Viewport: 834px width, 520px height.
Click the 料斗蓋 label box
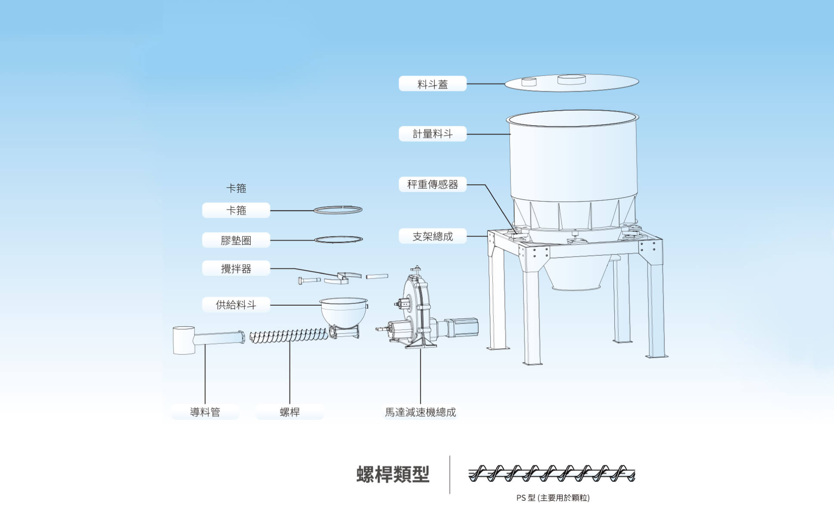pos(432,84)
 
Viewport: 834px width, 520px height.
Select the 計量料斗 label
pos(432,134)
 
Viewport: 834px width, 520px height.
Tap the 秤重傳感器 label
pos(432,185)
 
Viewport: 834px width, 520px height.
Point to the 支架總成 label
pos(432,236)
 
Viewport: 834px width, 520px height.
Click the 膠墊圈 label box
pos(236,240)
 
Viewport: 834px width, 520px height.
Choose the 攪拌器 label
pos(236,269)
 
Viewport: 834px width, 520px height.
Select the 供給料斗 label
pos(236,305)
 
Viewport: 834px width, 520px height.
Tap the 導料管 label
pos(205,412)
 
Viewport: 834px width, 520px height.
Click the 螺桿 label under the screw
pos(289,412)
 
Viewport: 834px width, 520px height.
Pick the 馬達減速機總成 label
pos(420,412)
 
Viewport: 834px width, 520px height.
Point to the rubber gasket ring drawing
pos(338,239)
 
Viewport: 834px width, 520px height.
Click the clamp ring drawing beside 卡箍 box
pos(338,210)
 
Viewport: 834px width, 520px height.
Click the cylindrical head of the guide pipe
pos(184,340)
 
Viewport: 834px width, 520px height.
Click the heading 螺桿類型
pos(393,474)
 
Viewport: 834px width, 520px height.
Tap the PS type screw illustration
pos(552,474)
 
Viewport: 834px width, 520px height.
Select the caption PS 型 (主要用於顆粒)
pos(553,498)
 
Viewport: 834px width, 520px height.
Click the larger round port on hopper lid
pos(571,79)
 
